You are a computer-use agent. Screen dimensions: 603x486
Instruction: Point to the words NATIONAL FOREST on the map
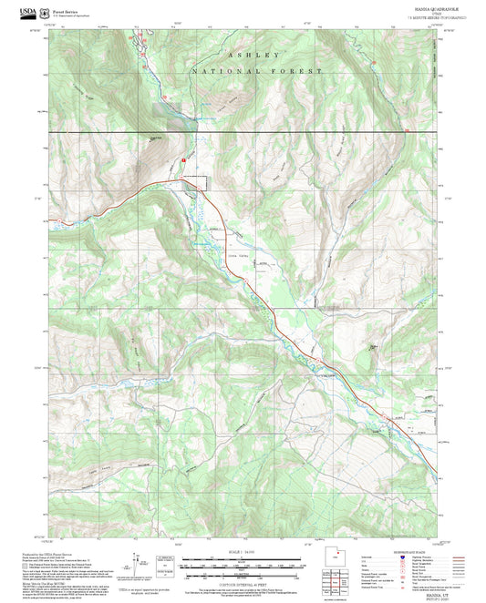tap(257, 71)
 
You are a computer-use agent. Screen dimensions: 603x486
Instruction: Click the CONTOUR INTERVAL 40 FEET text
tap(243, 577)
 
